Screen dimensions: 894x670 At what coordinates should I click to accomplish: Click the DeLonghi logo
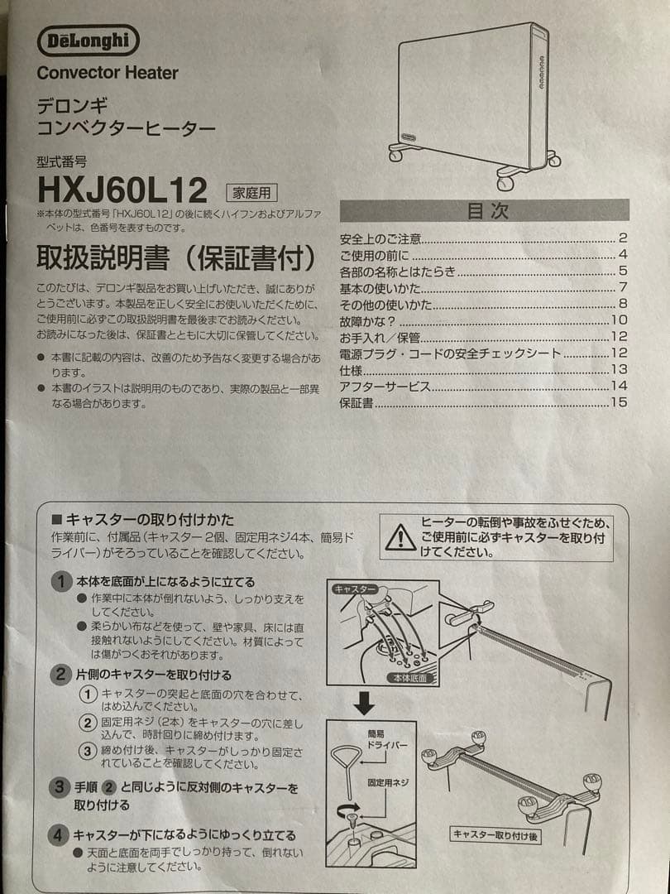click(x=89, y=41)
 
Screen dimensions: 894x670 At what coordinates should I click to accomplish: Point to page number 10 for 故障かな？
click(x=619, y=320)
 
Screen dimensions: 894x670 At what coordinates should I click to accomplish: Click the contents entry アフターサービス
click(x=385, y=387)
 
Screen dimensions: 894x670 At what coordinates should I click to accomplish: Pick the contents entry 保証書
click(x=357, y=403)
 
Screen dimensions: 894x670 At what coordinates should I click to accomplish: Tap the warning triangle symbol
click(x=401, y=538)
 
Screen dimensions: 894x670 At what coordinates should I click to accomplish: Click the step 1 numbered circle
click(x=61, y=582)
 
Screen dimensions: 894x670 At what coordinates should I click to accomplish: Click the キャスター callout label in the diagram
click(x=354, y=589)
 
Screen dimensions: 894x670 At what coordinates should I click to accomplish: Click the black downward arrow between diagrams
click(x=365, y=704)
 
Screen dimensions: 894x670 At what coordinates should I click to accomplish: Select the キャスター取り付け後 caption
click(x=495, y=835)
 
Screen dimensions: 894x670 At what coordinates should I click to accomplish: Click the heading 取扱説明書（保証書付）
click(x=175, y=259)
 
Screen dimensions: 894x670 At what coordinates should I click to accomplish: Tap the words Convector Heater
click(x=108, y=73)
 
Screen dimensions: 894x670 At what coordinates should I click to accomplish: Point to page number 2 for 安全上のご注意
click(x=623, y=238)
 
